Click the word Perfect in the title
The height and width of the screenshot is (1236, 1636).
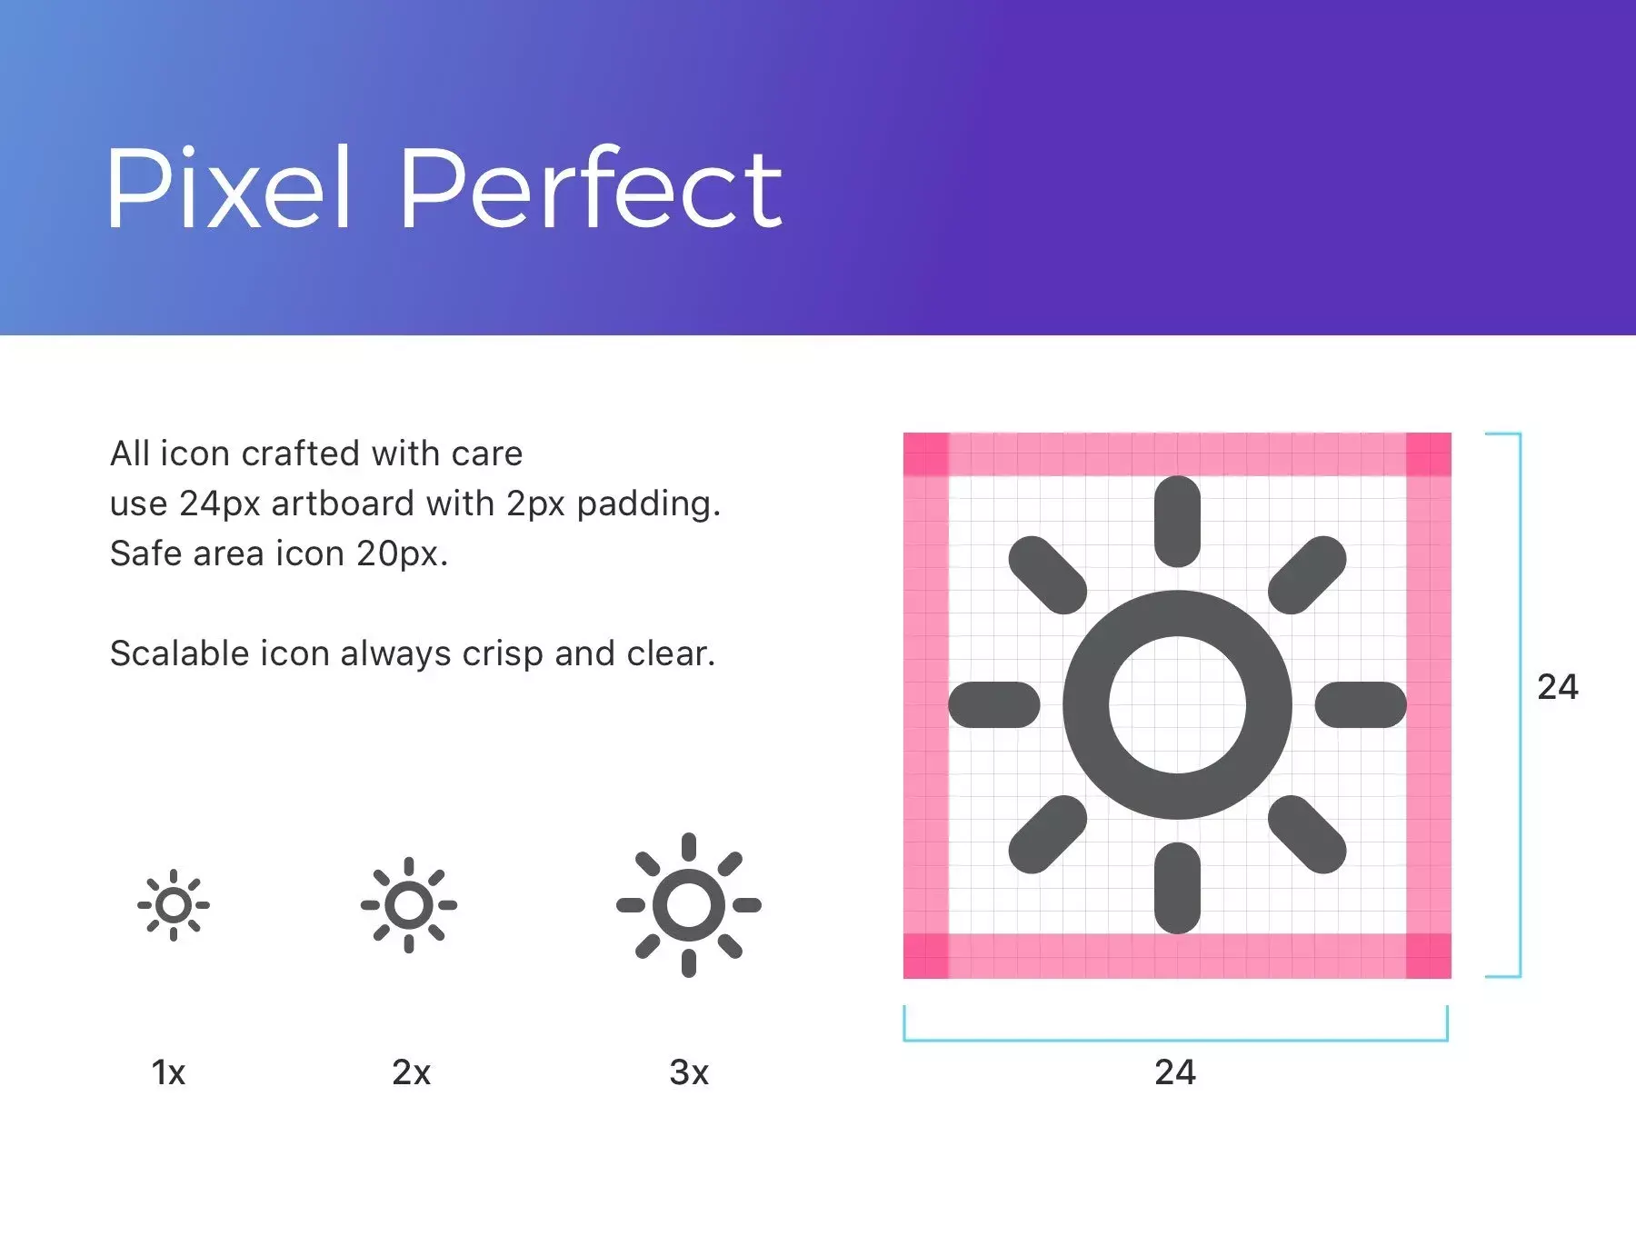click(x=591, y=187)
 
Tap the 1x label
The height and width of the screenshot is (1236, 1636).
click(x=168, y=1072)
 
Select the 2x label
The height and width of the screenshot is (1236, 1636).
click(x=411, y=1072)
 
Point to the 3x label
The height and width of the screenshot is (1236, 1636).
click(x=689, y=1072)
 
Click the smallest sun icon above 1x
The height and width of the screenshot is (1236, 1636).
click(x=174, y=905)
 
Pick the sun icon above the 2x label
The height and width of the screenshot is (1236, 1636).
click(x=409, y=905)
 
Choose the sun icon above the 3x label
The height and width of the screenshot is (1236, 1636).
click(x=689, y=905)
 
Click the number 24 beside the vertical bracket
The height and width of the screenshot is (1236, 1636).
click(x=1558, y=687)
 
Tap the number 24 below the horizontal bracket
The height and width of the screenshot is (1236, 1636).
click(x=1175, y=1072)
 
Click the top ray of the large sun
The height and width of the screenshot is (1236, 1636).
click(x=1178, y=522)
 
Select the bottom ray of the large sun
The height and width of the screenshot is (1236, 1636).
click(x=1178, y=888)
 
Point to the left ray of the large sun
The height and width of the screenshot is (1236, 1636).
click(x=994, y=704)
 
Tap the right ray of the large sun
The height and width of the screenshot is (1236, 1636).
click(x=1361, y=704)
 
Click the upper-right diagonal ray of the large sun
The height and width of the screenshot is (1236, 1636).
click(x=1307, y=575)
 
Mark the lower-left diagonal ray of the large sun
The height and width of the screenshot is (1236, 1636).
click(x=1048, y=834)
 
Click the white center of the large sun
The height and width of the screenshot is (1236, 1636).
click(x=1178, y=704)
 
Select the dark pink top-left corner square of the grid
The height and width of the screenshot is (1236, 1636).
click(x=926, y=454)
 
